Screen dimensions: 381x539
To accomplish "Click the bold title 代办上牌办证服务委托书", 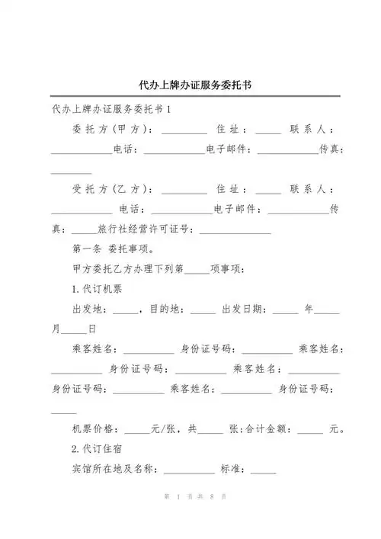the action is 190,85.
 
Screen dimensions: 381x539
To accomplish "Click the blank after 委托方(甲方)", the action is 184,131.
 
